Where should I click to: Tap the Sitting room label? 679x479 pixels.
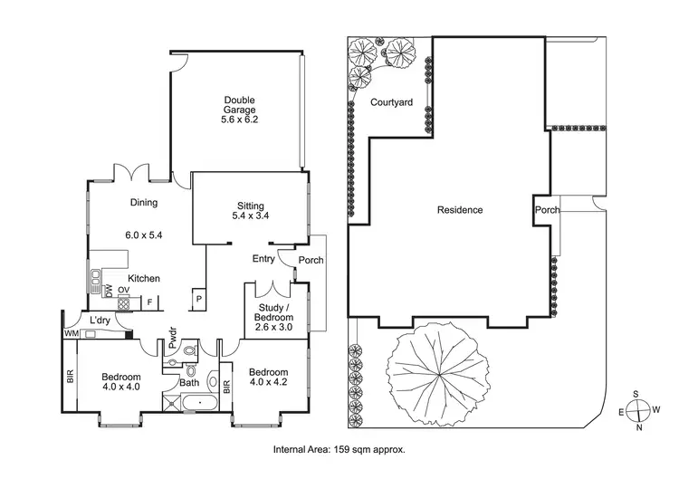[x=250, y=206]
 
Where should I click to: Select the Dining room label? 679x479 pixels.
[x=145, y=203]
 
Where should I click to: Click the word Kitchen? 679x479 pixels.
[x=144, y=278]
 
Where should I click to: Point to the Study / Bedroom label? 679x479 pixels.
[x=273, y=313]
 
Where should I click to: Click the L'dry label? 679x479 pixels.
[x=100, y=320]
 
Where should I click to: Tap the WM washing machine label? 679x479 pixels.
[x=70, y=334]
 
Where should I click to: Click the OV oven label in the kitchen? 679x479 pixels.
[x=123, y=291]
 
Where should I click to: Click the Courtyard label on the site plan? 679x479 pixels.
[x=391, y=103]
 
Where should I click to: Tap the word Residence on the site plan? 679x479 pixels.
[x=460, y=210]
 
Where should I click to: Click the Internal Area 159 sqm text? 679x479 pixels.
[x=339, y=449]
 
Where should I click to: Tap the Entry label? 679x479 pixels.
[x=263, y=259]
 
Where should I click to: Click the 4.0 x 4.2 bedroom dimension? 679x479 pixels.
[x=269, y=383]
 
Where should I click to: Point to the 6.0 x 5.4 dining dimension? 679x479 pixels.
[x=145, y=235]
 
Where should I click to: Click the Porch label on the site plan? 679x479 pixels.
[x=548, y=210]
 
